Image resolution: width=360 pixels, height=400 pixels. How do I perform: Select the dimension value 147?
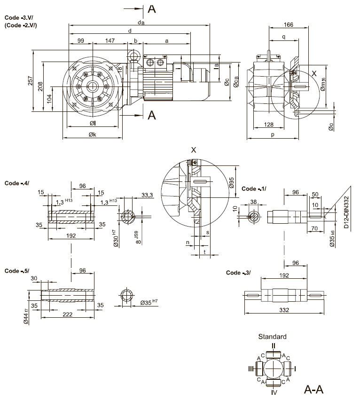[x=110, y=41]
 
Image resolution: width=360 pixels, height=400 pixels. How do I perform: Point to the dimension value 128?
[x=268, y=125]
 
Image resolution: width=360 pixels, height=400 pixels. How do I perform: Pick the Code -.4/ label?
[x=16, y=182]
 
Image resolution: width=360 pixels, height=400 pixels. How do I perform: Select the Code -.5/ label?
[x=16, y=271]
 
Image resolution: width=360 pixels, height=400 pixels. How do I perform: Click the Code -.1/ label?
[x=254, y=188]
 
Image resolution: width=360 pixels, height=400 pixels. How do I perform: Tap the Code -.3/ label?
[x=238, y=273]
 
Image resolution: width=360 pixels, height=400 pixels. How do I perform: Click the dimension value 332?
[x=284, y=310]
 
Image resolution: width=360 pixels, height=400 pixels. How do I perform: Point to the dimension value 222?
[x=68, y=314]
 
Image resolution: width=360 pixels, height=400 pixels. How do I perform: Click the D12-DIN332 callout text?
[x=346, y=212]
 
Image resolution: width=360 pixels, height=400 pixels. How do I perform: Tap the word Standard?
[x=272, y=337]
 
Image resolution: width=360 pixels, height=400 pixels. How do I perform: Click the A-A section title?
[x=314, y=390]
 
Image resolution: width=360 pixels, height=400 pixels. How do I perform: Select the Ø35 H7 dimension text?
[x=150, y=303]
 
